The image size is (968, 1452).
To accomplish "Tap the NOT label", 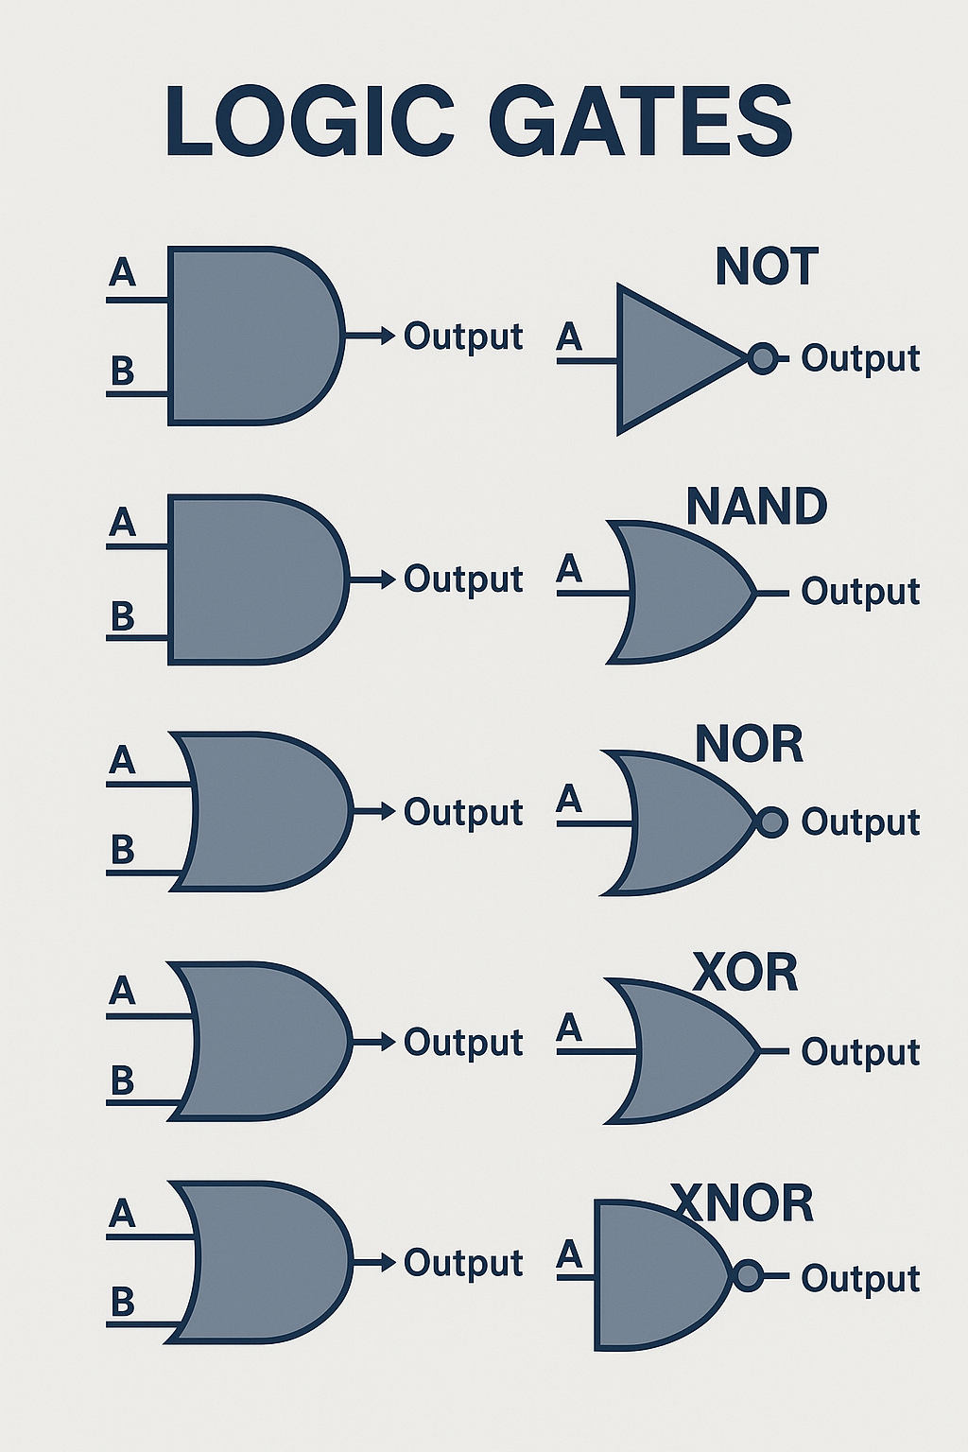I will pyautogui.click(x=766, y=267).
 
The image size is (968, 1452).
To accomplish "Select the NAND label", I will pyautogui.click(x=756, y=507).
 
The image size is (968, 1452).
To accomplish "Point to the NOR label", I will pyautogui.click(x=749, y=745).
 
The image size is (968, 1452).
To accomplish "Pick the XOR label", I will pyautogui.click(x=745, y=973).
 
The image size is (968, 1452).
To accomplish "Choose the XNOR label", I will pyautogui.click(x=742, y=1203).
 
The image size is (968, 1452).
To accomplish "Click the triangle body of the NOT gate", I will pyautogui.click(x=666, y=359).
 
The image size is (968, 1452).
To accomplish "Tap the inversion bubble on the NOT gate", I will pyautogui.click(x=762, y=358).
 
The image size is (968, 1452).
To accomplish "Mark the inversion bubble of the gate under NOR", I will pyautogui.click(x=772, y=821).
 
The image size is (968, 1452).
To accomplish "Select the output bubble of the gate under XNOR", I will pyautogui.click(x=748, y=1276).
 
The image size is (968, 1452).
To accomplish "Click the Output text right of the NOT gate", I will pyautogui.click(x=860, y=358).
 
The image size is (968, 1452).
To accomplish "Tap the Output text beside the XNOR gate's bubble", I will pyautogui.click(x=860, y=1278).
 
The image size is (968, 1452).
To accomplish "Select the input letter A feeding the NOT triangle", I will pyautogui.click(x=569, y=337).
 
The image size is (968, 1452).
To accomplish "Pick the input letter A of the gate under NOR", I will pyautogui.click(x=569, y=800).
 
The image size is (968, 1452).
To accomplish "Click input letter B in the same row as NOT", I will pyautogui.click(x=122, y=372).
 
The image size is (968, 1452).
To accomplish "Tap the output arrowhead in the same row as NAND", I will pyautogui.click(x=387, y=579).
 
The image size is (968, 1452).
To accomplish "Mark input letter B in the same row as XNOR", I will pyautogui.click(x=122, y=1303).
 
